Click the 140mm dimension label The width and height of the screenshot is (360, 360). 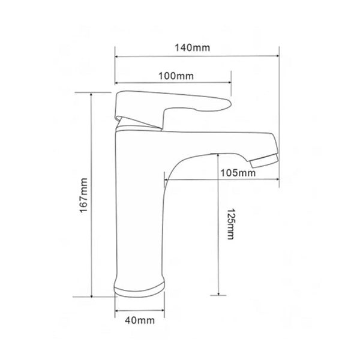pos(193,48)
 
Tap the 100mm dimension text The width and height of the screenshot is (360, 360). pos(176,76)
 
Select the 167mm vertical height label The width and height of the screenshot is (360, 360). pos(84,196)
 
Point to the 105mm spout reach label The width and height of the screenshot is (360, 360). pos(238,173)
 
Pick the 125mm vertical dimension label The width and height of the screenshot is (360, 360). pos(230,224)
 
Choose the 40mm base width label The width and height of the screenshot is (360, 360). pos(140,320)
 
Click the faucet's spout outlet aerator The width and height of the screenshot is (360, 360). pos(265,161)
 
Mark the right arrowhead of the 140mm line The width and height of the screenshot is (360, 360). pos(277,56)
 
